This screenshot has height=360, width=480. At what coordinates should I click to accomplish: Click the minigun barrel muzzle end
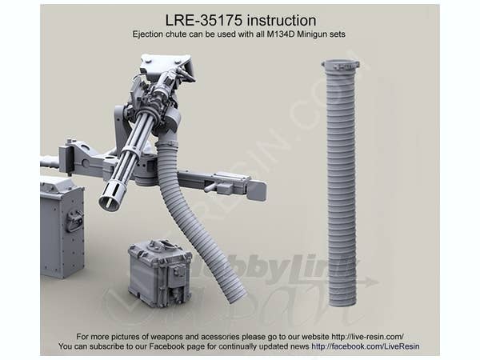point(110,197)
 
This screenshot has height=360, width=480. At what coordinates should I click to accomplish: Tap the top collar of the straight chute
point(340,66)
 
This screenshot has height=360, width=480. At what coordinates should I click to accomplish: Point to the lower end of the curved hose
point(235,294)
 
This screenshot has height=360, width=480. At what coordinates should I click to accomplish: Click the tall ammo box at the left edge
point(62,228)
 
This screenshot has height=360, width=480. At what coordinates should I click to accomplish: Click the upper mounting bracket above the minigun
point(163,66)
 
